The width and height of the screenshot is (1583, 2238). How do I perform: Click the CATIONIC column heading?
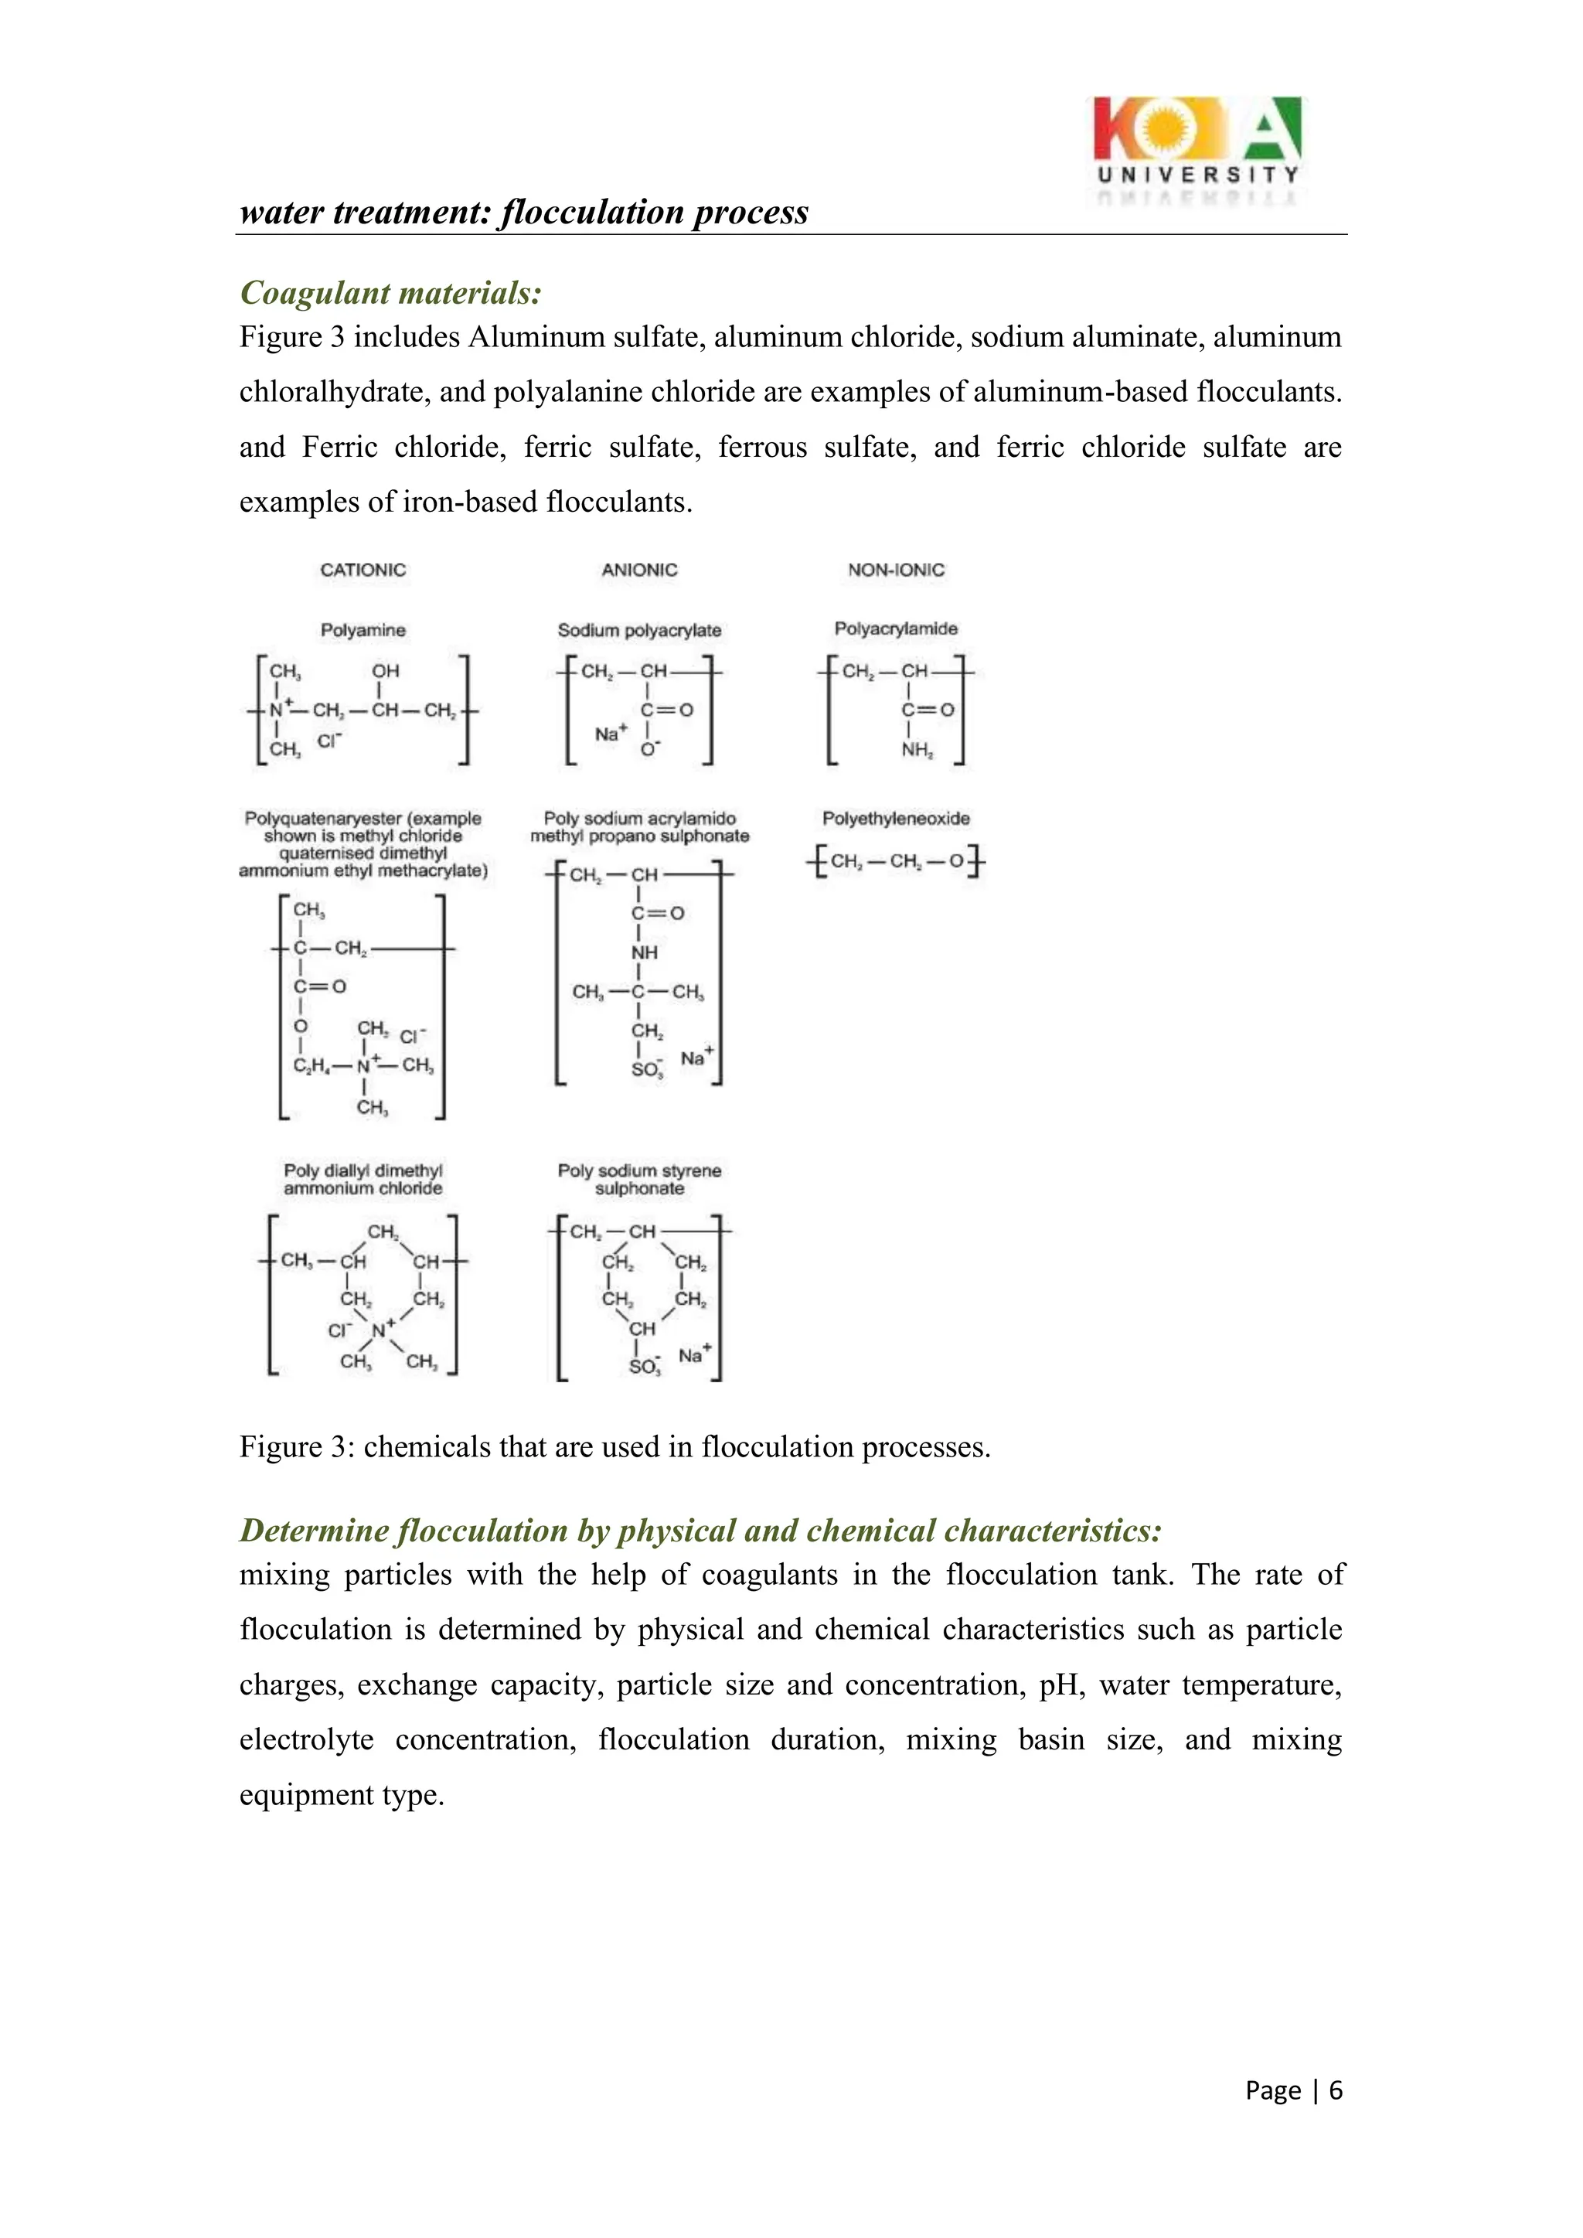click(x=363, y=571)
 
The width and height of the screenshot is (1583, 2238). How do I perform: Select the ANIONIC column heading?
click(x=638, y=571)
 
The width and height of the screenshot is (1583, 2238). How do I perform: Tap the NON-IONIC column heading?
click(x=896, y=571)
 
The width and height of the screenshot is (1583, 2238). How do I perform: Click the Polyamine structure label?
click(x=363, y=631)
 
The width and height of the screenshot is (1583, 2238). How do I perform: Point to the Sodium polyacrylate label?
click(x=639, y=631)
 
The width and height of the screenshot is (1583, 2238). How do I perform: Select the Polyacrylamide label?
click(x=896, y=628)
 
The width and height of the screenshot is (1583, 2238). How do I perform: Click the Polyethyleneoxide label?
click(x=896, y=819)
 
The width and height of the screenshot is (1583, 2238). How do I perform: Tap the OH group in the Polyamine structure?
click(x=385, y=672)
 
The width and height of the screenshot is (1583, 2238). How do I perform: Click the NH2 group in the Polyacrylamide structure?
click(x=916, y=750)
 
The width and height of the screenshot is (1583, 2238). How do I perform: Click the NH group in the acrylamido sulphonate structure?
click(x=645, y=952)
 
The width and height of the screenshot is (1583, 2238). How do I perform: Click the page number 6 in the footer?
click(x=1336, y=2090)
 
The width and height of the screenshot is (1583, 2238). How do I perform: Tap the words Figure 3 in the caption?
click(x=292, y=1447)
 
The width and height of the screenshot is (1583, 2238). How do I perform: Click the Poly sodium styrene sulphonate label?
click(x=639, y=1180)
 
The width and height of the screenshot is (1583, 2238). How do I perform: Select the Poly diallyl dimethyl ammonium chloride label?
click(x=363, y=1180)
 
